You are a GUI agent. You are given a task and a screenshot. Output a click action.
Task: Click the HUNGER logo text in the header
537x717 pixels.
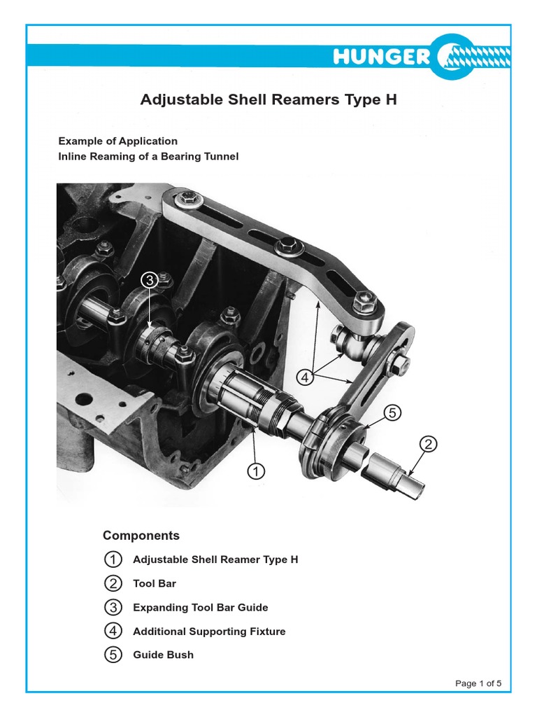pyautogui.click(x=381, y=57)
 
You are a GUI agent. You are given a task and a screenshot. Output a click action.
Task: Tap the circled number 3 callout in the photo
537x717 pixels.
pyautogui.click(x=149, y=281)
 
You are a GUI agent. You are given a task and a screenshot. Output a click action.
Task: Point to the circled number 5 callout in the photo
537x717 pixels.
pyautogui.click(x=392, y=413)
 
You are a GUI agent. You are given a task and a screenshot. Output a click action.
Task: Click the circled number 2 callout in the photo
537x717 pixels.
pyautogui.click(x=429, y=444)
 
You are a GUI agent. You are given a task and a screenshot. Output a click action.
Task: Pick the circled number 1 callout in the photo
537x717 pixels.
pyautogui.click(x=256, y=472)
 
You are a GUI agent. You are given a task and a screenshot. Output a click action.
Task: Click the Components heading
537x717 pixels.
pyautogui.click(x=141, y=536)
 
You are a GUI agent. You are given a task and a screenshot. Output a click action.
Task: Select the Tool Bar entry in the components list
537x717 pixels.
pyautogui.click(x=155, y=583)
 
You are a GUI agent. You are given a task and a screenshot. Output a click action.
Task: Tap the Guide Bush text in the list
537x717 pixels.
pyautogui.click(x=163, y=655)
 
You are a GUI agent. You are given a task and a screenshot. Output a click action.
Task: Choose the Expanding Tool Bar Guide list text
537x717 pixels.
pyautogui.click(x=201, y=607)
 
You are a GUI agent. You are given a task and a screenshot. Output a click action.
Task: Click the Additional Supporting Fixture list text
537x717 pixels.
pyautogui.click(x=209, y=631)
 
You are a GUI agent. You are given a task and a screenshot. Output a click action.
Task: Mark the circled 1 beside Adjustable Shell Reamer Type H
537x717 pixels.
pyautogui.click(x=112, y=559)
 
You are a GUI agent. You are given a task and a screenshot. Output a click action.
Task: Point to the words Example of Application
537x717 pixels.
pyautogui.click(x=117, y=141)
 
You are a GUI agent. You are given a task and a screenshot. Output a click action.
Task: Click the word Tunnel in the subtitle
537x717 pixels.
pyautogui.click(x=221, y=156)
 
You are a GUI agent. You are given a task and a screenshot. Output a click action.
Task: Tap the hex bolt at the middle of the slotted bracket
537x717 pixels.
pyautogui.click(x=287, y=246)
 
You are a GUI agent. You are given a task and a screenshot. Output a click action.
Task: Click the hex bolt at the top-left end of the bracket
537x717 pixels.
pyautogui.click(x=186, y=199)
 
